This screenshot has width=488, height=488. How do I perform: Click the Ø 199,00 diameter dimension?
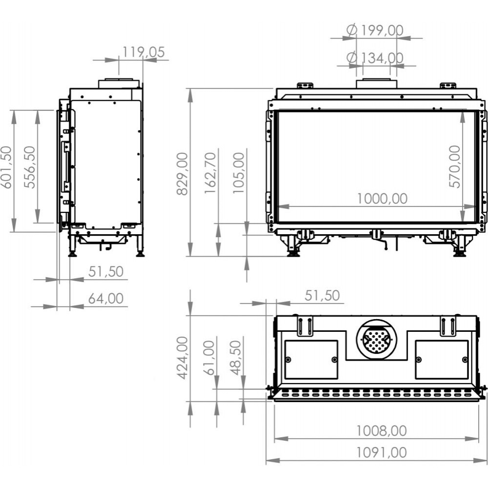click(375, 30)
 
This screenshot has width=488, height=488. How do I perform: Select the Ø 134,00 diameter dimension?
click(375, 58)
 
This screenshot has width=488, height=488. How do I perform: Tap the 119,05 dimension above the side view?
click(143, 52)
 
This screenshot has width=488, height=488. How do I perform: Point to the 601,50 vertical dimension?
click(6, 167)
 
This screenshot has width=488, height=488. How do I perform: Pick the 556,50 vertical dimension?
click(30, 167)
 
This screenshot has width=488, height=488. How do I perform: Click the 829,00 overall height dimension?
click(183, 174)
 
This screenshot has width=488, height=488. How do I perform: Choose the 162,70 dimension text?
click(210, 173)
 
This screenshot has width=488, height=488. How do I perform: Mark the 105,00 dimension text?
click(239, 173)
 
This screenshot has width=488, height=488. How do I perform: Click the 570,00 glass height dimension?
click(455, 166)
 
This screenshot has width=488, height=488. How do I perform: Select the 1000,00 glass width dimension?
click(382, 199)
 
